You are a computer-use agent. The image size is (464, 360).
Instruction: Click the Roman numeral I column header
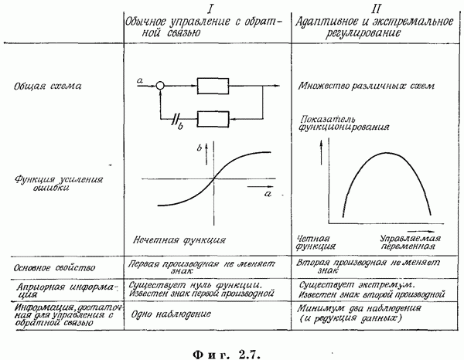click(x=210, y=8)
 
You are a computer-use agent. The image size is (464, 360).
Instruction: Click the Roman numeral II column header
click(x=376, y=8)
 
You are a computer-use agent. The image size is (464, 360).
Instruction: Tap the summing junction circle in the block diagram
click(x=160, y=86)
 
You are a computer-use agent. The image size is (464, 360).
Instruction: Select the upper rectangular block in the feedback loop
click(x=213, y=86)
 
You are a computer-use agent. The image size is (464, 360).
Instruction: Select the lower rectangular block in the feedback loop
click(x=213, y=119)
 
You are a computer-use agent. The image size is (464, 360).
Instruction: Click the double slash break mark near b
click(x=176, y=119)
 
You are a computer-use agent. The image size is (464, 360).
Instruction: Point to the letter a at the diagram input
click(x=140, y=80)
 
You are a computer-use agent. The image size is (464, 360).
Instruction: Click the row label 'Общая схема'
click(x=47, y=87)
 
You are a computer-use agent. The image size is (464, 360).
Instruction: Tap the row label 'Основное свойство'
click(x=54, y=268)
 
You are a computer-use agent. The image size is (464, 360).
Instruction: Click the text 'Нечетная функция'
click(x=179, y=239)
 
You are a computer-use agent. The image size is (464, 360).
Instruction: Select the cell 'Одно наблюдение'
click(x=171, y=314)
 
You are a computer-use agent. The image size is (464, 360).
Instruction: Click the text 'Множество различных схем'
click(x=367, y=86)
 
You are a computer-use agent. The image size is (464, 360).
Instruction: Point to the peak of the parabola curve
click(x=386, y=153)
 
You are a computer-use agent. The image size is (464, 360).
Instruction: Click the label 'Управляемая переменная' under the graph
click(x=410, y=243)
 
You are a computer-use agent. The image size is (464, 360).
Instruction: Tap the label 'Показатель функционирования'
click(x=344, y=124)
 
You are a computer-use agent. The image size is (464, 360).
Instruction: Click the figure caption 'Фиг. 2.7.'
click(x=227, y=354)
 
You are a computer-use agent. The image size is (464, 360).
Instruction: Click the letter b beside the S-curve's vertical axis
click(x=200, y=148)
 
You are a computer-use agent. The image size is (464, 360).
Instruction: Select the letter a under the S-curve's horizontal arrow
click(x=268, y=194)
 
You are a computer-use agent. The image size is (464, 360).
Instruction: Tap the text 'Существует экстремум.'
click(x=357, y=285)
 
